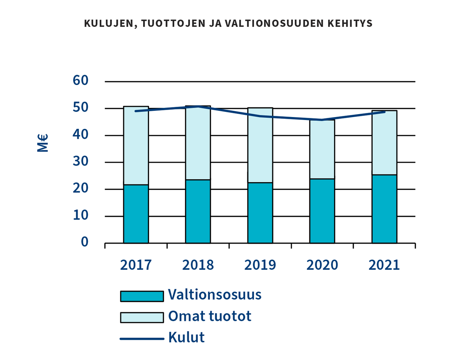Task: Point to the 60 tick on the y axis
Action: [81, 81]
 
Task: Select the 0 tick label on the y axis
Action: [85, 242]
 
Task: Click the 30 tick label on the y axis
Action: [81, 162]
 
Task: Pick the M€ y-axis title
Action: [43, 143]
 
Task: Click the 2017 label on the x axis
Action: [136, 265]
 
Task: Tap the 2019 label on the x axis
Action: [260, 265]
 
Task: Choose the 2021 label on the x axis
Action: [384, 265]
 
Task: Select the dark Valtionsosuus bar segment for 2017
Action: [136, 214]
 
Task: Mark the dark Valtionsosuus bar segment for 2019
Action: [260, 213]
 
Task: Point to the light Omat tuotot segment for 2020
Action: [322, 149]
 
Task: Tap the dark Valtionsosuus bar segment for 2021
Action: [384, 209]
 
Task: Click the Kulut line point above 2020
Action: [322, 120]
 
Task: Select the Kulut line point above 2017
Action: [136, 111]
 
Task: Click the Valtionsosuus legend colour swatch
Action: [142, 296]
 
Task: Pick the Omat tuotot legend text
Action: [209, 316]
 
